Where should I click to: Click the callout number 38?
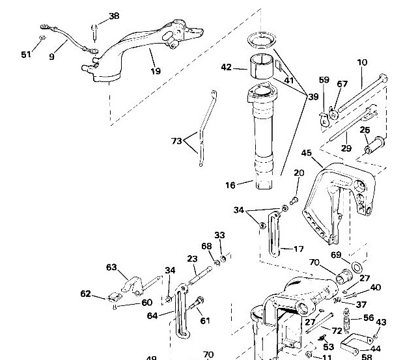114,16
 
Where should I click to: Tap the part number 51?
26,55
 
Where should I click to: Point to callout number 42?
227,66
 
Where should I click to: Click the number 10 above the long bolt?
362,63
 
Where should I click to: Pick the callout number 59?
324,80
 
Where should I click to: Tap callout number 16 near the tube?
230,186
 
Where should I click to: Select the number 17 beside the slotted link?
299,249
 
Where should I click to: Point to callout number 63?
111,267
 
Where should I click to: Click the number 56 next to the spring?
368,318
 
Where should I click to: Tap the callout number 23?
192,259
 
